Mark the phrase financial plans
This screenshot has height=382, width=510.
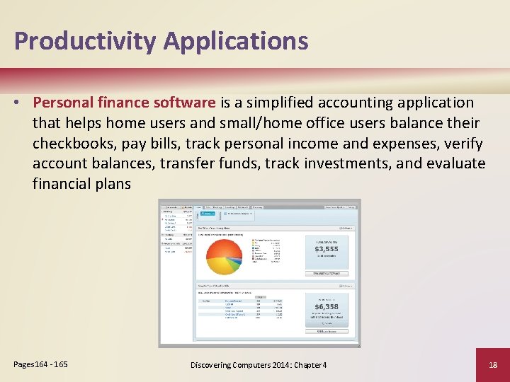click(x=81, y=185)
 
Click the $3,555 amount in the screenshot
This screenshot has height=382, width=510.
click(x=327, y=249)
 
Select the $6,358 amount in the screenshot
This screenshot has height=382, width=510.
click(x=327, y=306)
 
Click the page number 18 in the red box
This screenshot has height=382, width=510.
click(x=492, y=364)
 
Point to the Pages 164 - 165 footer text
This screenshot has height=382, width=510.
click(x=41, y=364)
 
